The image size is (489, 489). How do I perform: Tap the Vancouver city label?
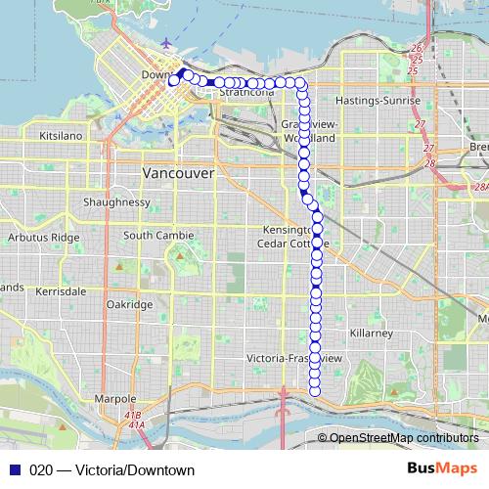coord(178,172)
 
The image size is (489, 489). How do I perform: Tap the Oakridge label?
coord(129,304)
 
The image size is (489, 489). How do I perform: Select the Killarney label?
coord(371,333)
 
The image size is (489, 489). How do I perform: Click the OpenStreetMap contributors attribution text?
coord(403,438)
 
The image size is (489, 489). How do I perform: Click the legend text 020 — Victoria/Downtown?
coord(105,469)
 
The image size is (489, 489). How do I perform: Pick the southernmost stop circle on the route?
coord(315,392)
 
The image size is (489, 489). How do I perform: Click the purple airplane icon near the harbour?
coord(167,44)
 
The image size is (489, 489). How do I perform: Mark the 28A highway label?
coord(479,187)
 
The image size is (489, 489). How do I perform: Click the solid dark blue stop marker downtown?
coord(184,74)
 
